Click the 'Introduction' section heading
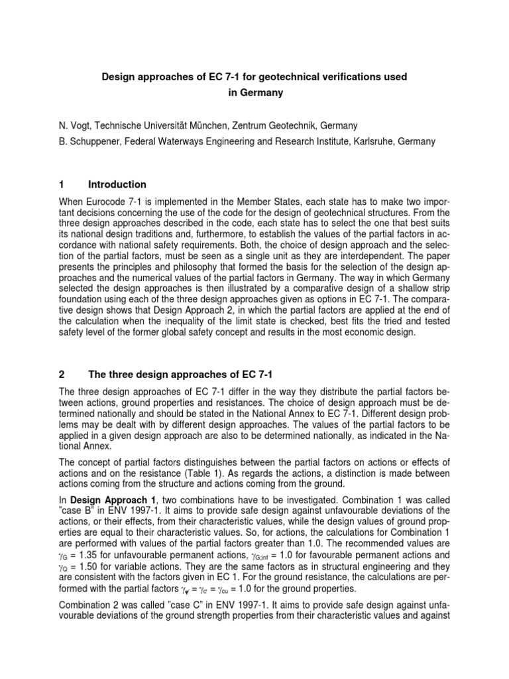[x=118, y=184]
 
